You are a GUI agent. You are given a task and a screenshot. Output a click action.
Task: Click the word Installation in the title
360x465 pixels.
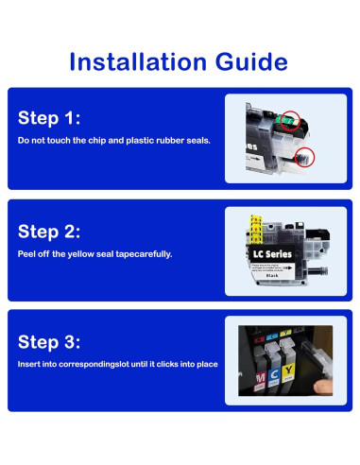pos(138,61)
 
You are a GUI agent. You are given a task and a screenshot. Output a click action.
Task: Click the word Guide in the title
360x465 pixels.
pos(251,61)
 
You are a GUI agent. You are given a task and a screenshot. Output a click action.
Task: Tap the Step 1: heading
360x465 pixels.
pos(49,118)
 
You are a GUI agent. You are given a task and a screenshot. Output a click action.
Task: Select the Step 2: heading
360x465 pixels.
pos(49,232)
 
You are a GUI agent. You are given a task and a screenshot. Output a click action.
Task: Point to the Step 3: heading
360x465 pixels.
pos(49,342)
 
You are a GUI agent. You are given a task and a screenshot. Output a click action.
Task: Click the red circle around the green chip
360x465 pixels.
pos(290,121)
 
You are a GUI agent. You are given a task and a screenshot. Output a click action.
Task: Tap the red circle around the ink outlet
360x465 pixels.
pos(304,157)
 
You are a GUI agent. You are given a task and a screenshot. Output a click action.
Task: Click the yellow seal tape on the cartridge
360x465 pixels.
pos(256,230)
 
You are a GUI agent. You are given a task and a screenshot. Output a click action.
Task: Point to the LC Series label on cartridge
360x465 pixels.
pos(272,254)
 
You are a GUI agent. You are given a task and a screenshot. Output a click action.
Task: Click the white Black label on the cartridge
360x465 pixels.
pos(272,275)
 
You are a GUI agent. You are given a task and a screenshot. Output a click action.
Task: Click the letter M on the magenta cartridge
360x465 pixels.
pos(260,377)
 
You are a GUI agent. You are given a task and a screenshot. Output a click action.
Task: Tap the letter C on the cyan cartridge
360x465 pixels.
pos(274,374)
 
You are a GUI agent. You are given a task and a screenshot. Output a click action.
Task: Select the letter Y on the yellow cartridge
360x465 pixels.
pos(288,370)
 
